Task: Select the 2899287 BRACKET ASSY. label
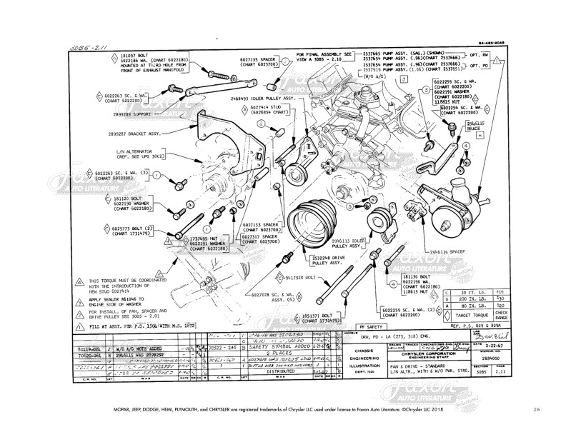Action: coord(136,134)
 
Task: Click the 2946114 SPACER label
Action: coord(447,252)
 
